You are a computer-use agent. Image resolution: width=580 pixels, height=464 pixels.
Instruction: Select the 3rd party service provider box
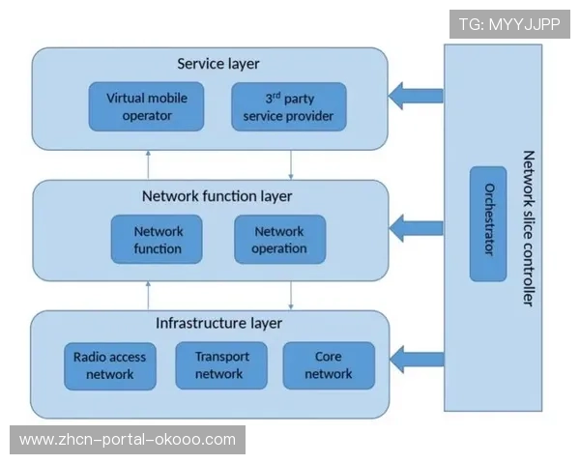click(x=288, y=106)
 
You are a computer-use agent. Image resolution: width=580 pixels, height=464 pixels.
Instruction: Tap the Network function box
click(x=159, y=240)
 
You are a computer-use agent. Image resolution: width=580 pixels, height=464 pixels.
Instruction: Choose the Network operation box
click(x=279, y=240)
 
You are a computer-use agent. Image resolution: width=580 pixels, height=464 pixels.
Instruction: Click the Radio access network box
click(x=109, y=365)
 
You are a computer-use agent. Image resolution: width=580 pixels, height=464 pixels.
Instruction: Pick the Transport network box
click(x=221, y=365)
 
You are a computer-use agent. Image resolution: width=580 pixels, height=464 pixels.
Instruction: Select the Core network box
click(x=328, y=365)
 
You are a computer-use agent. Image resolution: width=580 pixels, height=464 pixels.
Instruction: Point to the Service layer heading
click(x=217, y=65)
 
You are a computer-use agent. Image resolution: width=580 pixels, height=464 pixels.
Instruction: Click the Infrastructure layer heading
click(x=218, y=323)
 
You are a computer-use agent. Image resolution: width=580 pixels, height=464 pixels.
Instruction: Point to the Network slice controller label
click(x=528, y=228)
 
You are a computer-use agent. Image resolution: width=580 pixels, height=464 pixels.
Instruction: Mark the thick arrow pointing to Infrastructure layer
click(x=416, y=362)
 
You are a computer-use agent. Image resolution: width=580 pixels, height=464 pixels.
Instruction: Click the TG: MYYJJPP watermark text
click(x=510, y=24)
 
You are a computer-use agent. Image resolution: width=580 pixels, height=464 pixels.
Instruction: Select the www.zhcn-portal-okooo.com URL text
click(x=128, y=440)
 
